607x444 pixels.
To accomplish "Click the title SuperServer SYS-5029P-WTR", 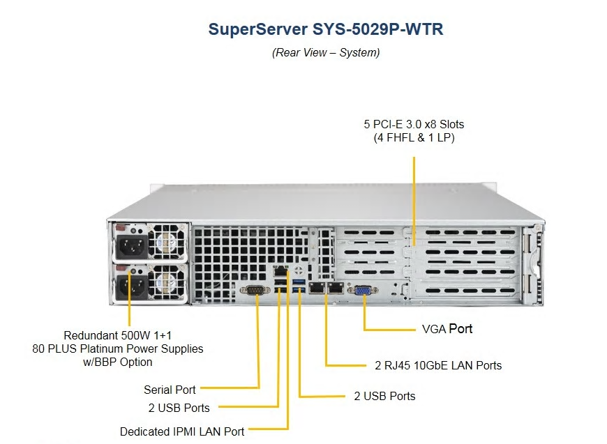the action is pos(326,29).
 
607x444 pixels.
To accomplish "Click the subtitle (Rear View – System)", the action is pos(326,52).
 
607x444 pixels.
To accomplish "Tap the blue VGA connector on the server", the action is pos(363,290).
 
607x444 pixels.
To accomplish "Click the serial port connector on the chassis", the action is pos(255,290).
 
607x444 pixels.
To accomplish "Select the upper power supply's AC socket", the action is pos(132,246).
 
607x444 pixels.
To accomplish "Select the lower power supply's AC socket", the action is pos(132,287).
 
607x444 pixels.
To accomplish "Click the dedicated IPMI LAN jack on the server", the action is pos(280,271).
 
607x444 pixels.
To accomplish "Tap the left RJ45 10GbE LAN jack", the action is pos(317,287).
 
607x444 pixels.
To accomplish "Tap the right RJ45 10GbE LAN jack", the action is pos(336,287).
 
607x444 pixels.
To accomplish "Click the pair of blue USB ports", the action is pos(299,286).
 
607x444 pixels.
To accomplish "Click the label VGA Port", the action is pos(447,329).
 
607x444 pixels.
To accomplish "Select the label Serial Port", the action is pos(170,390).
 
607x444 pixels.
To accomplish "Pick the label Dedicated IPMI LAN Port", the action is pos(182,431).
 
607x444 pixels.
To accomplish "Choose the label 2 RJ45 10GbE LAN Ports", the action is pos(438,365).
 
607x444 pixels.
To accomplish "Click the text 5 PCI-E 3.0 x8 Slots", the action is pos(414,124).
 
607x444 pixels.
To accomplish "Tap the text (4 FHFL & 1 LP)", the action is pos(414,138).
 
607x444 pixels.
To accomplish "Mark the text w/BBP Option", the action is pos(118,362).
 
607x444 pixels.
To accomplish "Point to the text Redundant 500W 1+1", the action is pos(118,335).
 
